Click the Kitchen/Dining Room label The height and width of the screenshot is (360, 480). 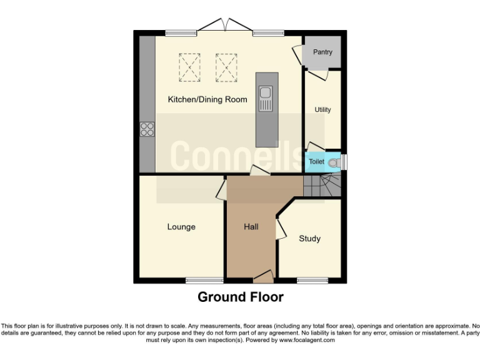pyautogui.click(x=207, y=99)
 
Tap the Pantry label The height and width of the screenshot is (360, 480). pyautogui.click(x=322, y=52)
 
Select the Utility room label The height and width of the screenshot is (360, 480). pyautogui.click(x=322, y=110)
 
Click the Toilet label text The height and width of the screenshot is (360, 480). pyautogui.click(x=316, y=162)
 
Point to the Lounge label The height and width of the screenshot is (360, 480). pyautogui.click(x=181, y=227)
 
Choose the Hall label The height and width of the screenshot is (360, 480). pyautogui.click(x=251, y=227)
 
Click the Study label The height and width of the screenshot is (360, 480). pyautogui.click(x=309, y=239)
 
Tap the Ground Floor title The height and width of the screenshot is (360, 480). pyautogui.click(x=240, y=297)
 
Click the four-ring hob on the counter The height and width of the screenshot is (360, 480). pyautogui.click(x=147, y=129)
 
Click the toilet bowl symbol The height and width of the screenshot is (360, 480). pyautogui.click(x=333, y=162)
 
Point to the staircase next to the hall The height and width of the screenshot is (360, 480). pyautogui.click(x=322, y=186)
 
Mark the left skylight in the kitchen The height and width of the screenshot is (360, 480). pyautogui.click(x=189, y=67)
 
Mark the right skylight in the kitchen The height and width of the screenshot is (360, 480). pyautogui.click(x=226, y=67)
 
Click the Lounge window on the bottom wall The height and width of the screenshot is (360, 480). pyautogui.click(x=204, y=280)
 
